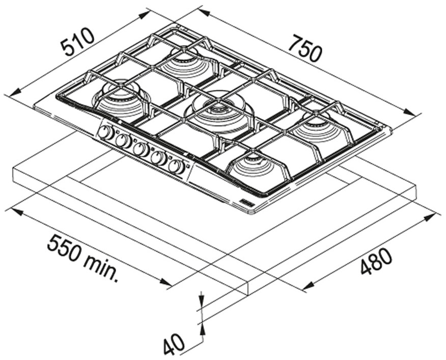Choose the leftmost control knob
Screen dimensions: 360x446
pyautogui.click(x=106, y=133)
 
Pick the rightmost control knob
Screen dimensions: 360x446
pyautogui.click(x=176, y=167)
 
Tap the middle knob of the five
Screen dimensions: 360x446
pyautogui.click(x=141, y=150)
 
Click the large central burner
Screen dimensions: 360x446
pyautogui.click(x=219, y=111)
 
